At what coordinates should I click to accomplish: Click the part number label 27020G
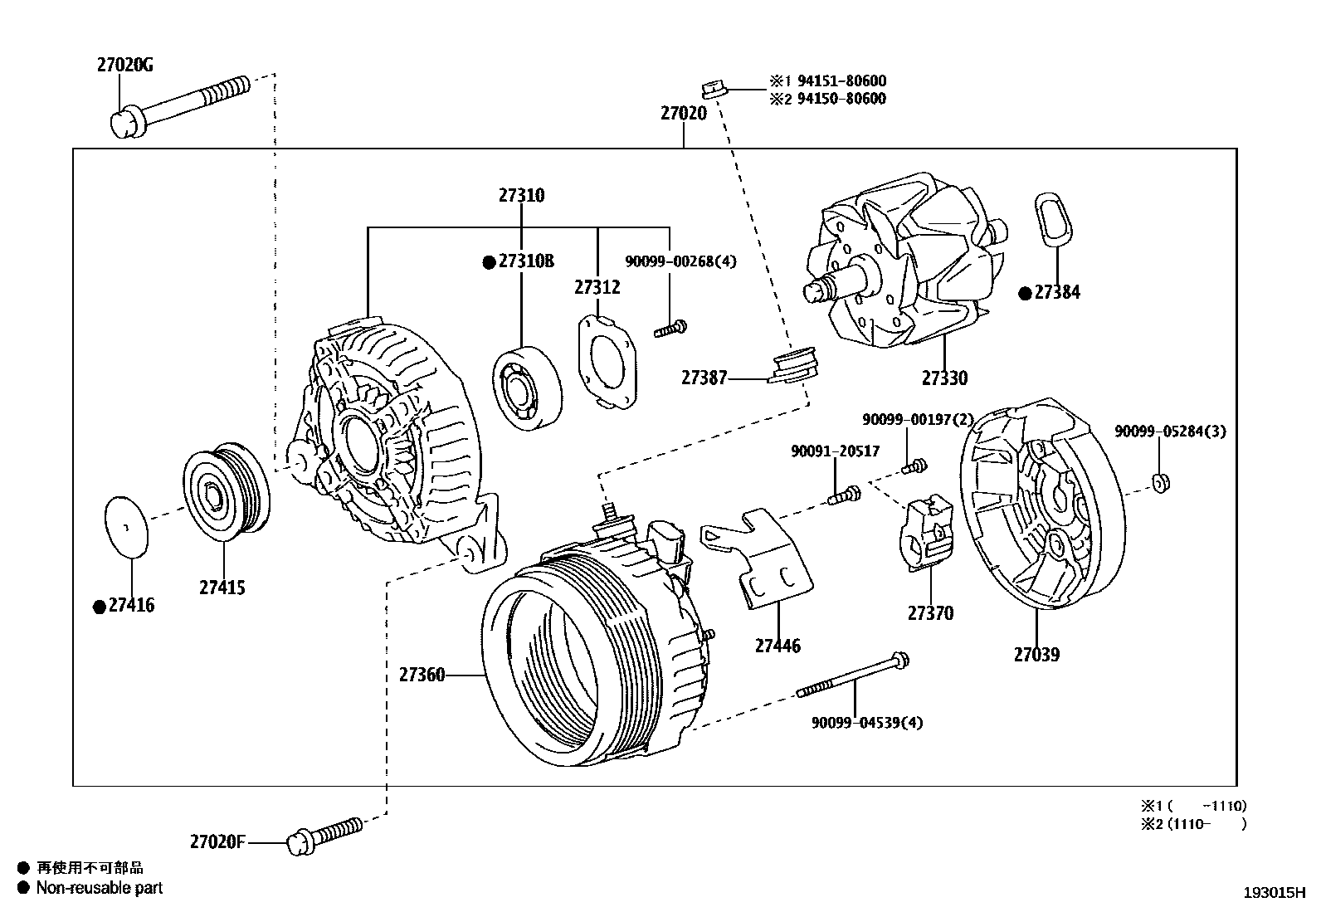pos(125,65)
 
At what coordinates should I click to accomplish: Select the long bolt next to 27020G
pos(178,104)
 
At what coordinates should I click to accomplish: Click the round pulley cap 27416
pos(125,526)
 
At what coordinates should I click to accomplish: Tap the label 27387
pos(704,378)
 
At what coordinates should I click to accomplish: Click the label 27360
pos(422,675)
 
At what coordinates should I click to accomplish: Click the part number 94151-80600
pos(841,81)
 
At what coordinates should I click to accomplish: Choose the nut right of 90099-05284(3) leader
pos(1162,481)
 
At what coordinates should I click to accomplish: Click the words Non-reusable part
pos(100,888)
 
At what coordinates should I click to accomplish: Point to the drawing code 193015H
pos(1274,893)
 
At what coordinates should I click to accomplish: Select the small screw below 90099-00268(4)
pos(671,329)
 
